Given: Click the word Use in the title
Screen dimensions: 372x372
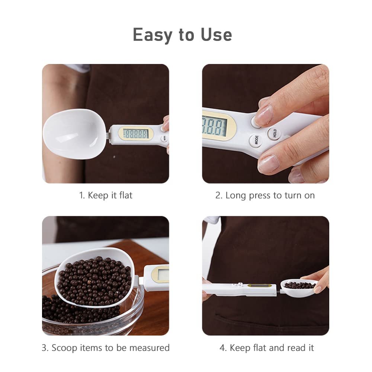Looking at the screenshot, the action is (216, 35).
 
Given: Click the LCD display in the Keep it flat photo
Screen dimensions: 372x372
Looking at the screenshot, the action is (136, 134).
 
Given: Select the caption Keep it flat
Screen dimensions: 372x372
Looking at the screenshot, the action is (106, 195).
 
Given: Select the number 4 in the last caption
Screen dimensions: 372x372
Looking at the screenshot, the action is (222, 348).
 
